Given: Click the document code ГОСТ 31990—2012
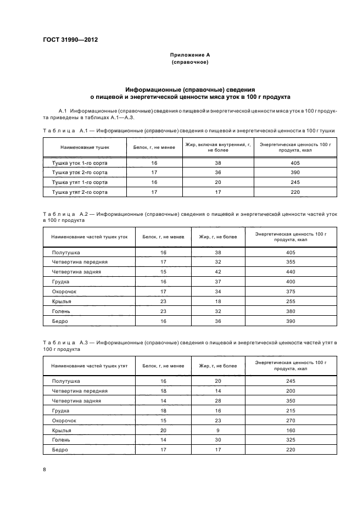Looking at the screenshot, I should [67, 40].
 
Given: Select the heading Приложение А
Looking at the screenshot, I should [189, 55].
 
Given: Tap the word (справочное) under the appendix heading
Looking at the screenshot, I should [189, 63].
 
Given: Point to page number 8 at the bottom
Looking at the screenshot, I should [44, 469].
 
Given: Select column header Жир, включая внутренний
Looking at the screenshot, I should [217, 147].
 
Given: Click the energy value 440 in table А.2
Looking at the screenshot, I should [291, 271].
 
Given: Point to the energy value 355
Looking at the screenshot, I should [291, 262].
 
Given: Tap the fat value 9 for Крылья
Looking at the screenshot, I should [217, 431].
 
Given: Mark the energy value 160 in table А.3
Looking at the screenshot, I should [291, 431].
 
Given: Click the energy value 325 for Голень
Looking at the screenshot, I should [291, 440].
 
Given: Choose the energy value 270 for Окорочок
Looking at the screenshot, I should [291, 421].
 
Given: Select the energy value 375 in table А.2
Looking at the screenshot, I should [291, 291].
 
